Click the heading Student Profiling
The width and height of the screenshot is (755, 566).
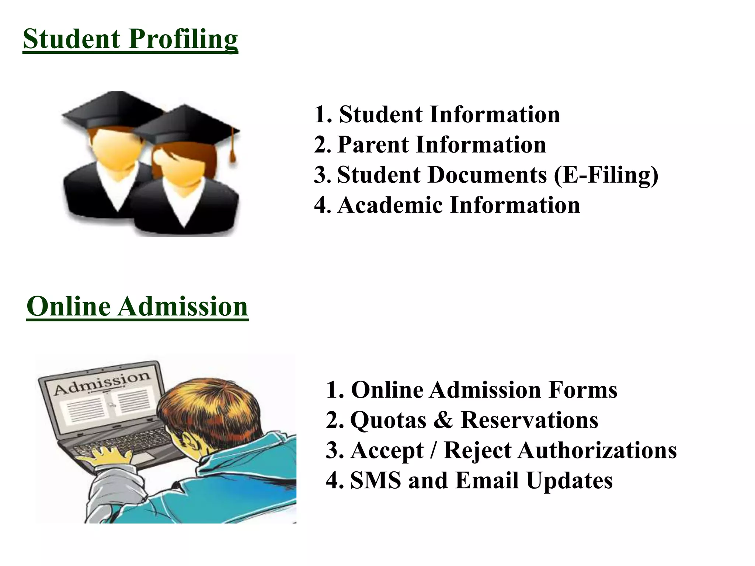[130, 39]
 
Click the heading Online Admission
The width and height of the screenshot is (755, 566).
[137, 307]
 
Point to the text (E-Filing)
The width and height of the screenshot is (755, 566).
[606, 175]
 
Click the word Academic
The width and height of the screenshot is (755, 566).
[390, 205]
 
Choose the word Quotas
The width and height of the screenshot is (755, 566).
[388, 420]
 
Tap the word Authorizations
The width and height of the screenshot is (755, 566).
[597, 450]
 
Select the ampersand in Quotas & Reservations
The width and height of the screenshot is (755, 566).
[443, 420]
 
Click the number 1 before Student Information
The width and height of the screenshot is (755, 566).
[320, 115]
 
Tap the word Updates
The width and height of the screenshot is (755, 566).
[570, 481]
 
